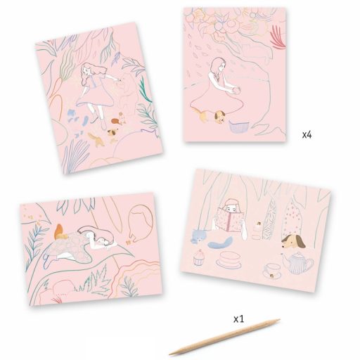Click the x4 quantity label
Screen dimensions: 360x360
[307, 135]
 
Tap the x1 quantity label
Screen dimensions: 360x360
[238, 319]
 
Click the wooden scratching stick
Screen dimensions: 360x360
[224, 337]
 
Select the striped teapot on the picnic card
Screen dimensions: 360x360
[297, 263]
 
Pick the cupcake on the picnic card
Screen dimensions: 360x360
[199, 257]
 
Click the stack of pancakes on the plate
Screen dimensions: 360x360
[228, 259]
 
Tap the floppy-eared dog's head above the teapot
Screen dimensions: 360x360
[293, 242]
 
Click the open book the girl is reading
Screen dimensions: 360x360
[230, 219]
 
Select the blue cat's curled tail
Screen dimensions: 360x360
[221, 242]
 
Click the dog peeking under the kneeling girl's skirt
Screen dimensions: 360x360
[220, 117]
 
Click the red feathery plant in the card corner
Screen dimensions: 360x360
[278, 37]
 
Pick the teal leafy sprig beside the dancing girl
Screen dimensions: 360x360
[145, 90]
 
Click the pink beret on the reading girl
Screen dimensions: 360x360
[231, 202]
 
